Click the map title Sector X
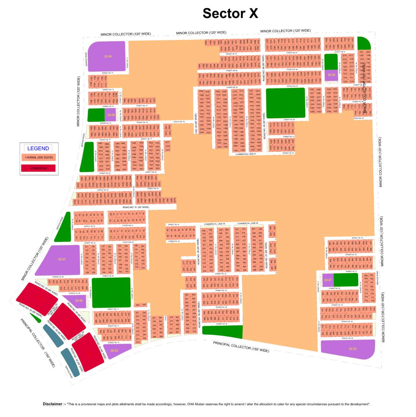pyautogui.click(x=230, y=13)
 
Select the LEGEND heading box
pyautogui.click(x=38, y=148)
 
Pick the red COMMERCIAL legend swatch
pyautogui.click(x=38, y=168)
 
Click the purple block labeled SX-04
pyautogui.click(x=107, y=57)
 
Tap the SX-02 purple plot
pyautogui.click(x=116, y=351)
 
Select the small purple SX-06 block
pyautogui.click(x=78, y=301)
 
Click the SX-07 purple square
pyautogui.click(x=327, y=280)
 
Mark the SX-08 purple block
pyautogui.click(x=331, y=75)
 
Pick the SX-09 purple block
pyautogui.click(x=111, y=115)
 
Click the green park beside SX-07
pyautogui.click(x=346, y=280)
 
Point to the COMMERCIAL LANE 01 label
pyautogui.click(x=246, y=154)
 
